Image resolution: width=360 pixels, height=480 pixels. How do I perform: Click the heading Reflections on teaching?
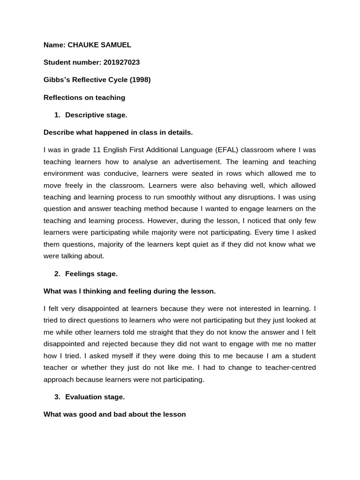pos(84,97)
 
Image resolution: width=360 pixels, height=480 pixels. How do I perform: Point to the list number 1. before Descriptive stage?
pos(57,115)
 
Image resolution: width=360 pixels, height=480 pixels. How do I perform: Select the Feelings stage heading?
pos(91,274)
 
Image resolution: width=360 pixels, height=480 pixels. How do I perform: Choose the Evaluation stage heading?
pos(95,397)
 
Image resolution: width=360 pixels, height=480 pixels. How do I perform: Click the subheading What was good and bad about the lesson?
pos(115,414)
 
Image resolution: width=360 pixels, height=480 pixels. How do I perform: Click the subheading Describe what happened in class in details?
pos(118,133)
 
